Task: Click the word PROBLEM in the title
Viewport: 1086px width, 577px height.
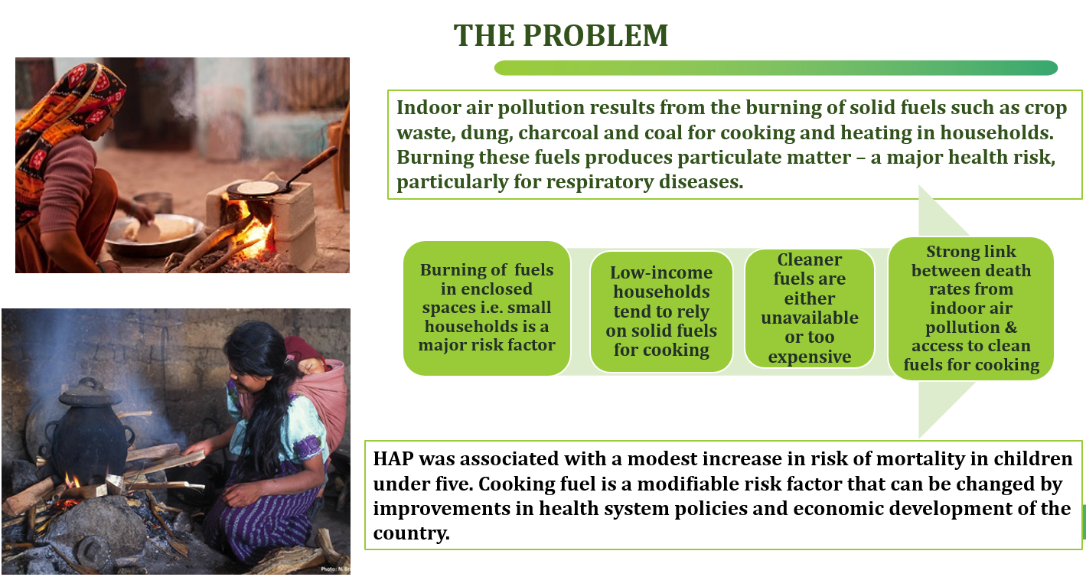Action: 595,35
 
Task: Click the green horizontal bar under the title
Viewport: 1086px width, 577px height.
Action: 776,68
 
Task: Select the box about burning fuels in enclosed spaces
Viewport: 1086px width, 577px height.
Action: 487,308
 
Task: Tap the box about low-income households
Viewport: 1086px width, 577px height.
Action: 661,311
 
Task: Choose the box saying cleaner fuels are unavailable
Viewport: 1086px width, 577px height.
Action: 810,308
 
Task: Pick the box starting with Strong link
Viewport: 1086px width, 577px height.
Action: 971,308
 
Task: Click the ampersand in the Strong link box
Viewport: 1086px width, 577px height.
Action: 1011,328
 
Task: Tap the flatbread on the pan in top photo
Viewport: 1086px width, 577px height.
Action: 257,187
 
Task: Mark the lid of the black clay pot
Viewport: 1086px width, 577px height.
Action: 90,393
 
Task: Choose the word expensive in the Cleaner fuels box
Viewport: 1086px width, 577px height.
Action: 810,357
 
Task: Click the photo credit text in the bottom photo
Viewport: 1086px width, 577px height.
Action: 335,569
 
